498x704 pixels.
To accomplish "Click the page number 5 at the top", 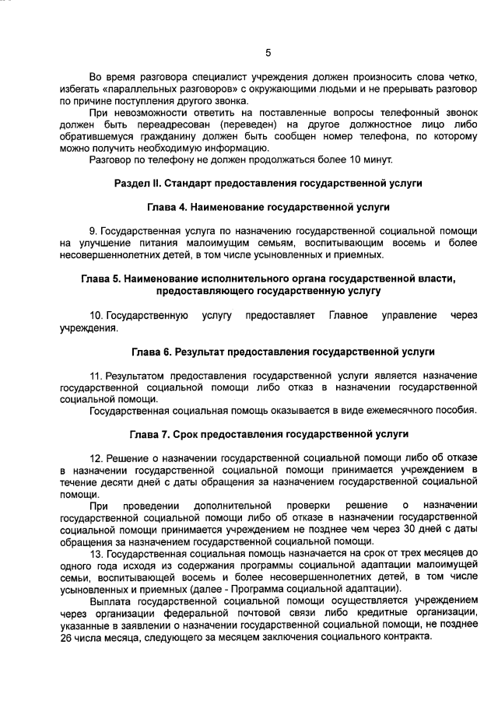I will [268, 53].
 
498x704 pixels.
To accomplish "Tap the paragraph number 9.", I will [93, 232].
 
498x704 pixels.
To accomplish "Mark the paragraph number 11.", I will [96, 376].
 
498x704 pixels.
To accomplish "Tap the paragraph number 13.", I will [96, 553].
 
